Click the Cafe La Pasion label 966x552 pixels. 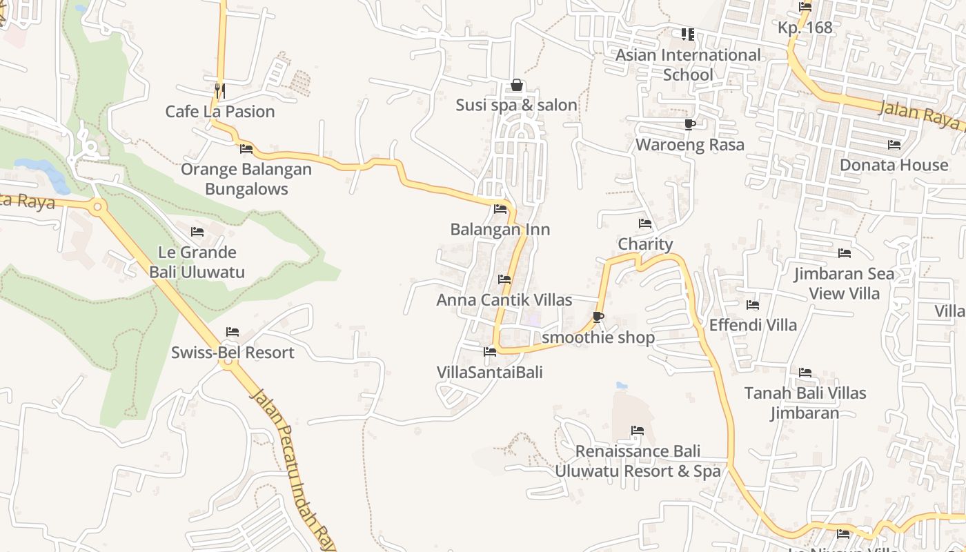[220, 111]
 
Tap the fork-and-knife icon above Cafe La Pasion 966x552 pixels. [219, 90]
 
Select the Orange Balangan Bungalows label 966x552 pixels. [246, 179]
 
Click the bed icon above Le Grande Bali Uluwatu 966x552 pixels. [197, 231]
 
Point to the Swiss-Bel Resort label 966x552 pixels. [233, 353]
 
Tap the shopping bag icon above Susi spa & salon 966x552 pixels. [516, 85]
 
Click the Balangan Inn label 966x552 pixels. [500, 229]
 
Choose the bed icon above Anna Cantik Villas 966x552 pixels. [504, 279]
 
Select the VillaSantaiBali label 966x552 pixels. [490, 373]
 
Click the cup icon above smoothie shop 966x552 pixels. [598, 317]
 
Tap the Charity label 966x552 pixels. [645, 244]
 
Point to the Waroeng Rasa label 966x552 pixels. [690, 145]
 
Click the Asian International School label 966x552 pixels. [688, 64]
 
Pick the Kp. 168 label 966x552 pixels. [805, 28]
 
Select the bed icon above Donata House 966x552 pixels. [894, 145]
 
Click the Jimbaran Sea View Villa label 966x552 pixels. [844, 284]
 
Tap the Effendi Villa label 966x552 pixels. [753, 325]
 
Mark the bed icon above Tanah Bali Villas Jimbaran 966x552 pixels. [805, 373]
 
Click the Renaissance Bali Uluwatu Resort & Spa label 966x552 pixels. [638, 461]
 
